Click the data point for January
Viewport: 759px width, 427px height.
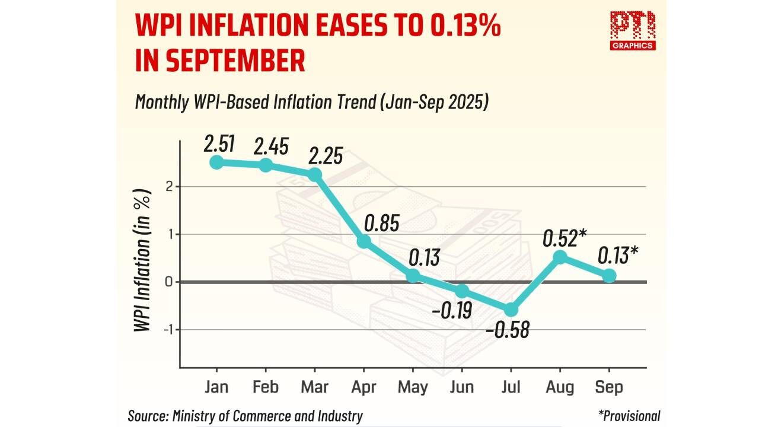(x=216, y=162)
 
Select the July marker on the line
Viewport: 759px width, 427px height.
(x=511, y=310)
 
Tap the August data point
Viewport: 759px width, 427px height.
(x=560, y=257)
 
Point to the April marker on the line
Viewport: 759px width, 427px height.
(x=363, y=241)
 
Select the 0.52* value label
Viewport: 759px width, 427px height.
(x=565, y=238)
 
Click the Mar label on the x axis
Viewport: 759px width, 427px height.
(x=315, y=387)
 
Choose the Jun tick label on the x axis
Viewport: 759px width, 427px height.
(x=462, y=387)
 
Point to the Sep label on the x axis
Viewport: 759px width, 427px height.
(x=609, y=387)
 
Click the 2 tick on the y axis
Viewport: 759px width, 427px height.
(x=169, y=187)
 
